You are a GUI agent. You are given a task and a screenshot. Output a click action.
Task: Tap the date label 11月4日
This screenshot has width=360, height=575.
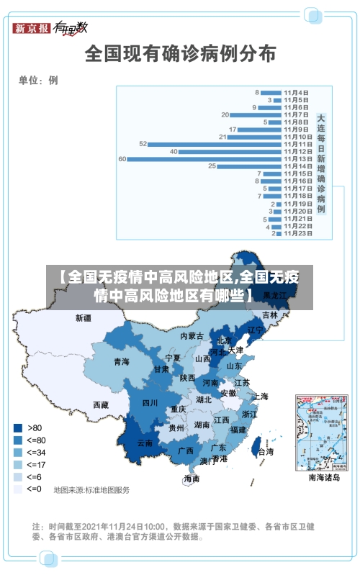click(296, 92)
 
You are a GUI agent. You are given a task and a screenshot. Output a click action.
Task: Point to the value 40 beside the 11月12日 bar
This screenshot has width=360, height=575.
click(174, 151)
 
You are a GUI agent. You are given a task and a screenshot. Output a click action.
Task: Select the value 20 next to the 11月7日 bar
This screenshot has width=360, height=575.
click(225, 114)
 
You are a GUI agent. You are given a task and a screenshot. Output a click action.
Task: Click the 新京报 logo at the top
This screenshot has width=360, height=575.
click(32, 28)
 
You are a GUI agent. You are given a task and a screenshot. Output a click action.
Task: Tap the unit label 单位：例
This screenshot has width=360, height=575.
click(38, 81)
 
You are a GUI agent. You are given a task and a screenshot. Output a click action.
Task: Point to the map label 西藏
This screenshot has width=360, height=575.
click(101, 404)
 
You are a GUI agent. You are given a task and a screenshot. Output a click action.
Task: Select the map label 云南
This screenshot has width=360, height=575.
click(145, 443)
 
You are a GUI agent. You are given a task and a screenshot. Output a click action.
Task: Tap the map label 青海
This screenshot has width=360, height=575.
click(121, 362)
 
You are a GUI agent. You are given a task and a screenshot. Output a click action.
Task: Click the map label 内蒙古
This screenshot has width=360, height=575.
click(192, 336)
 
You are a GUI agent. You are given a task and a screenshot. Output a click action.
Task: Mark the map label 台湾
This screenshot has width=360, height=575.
click(266, 452)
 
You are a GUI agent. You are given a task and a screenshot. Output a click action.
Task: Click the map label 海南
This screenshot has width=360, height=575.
click(192, 478)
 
